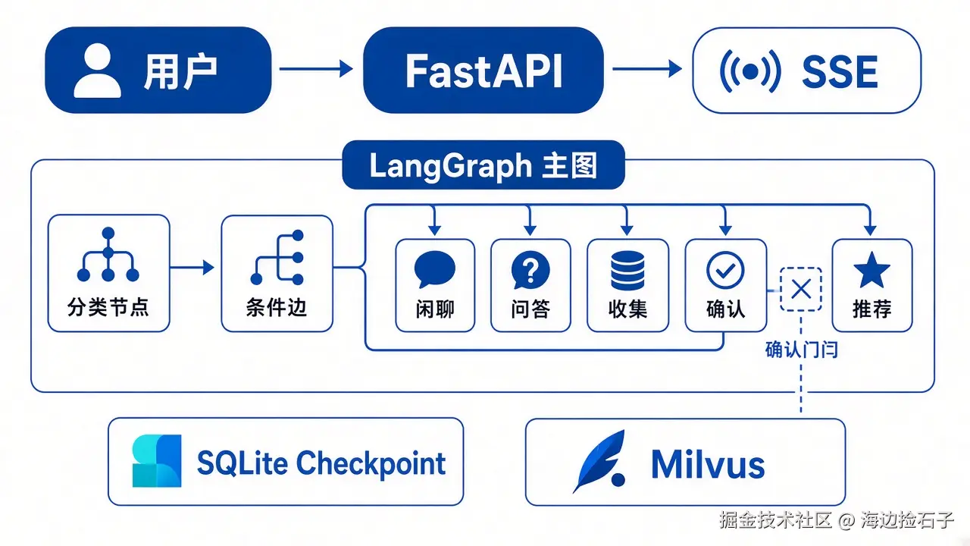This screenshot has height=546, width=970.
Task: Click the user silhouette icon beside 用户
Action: click(x=98, y=71)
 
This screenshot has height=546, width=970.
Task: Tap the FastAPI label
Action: click(x=483, y=71)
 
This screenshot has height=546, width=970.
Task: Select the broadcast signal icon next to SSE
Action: click(x=750, y=71)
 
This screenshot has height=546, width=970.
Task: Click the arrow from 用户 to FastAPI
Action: click(x=316, y=68)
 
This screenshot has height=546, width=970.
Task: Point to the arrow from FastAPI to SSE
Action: click(x=647, y=68)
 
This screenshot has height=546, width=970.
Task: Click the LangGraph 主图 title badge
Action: click(x=483, y=165)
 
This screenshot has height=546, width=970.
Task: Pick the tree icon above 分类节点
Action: click(x=108, y=254)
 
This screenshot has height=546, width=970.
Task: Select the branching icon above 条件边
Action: click(x=277, y=257)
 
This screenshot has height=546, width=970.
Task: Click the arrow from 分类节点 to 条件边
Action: click(x=192, y=268)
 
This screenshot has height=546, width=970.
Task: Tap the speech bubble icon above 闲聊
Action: click(x=435, y=269)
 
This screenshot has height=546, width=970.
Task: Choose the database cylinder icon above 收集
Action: click(x=627, y=271)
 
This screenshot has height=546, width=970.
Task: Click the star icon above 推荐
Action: click(x=871, y=269)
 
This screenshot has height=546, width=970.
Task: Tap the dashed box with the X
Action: click(x=801, y=290)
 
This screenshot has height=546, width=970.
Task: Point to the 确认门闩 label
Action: click(x=802, y=350)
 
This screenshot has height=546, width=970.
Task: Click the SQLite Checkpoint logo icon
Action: click(x=157, y=461)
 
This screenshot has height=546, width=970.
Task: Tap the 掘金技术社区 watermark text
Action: click(x=775, y=519)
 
